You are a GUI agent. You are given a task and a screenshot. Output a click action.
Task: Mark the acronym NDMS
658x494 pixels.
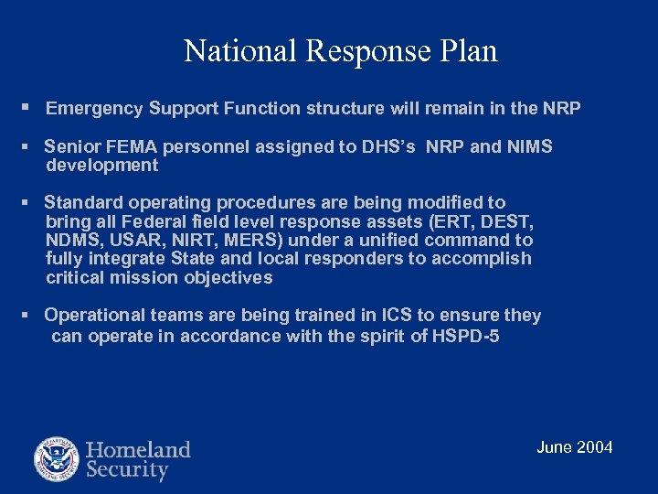(69, 241)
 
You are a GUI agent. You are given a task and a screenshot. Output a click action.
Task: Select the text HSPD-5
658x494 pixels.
(467, 336)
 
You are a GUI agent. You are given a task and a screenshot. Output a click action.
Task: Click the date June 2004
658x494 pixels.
(574, 447)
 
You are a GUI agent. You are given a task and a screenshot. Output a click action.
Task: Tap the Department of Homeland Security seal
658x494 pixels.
(57, 459)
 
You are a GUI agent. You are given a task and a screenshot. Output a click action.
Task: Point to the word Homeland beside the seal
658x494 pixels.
(138, 449)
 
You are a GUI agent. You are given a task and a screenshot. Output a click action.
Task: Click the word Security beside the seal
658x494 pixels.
(127, 471)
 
